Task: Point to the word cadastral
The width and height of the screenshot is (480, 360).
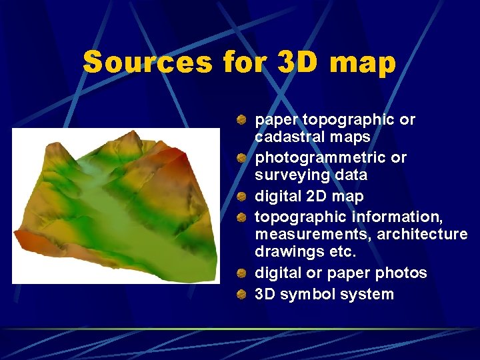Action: (x=289, y=137)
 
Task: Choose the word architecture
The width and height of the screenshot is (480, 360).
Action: (x=423, y=235)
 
